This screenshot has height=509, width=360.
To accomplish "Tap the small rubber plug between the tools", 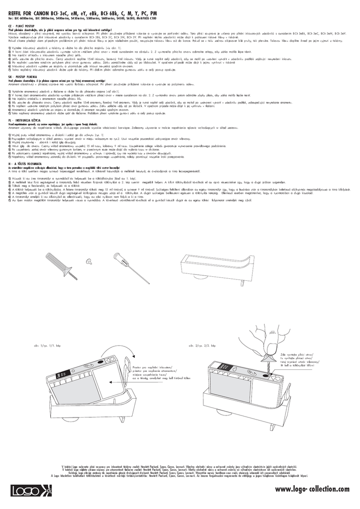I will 90,259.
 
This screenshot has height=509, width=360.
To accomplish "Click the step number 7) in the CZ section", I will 10,70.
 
